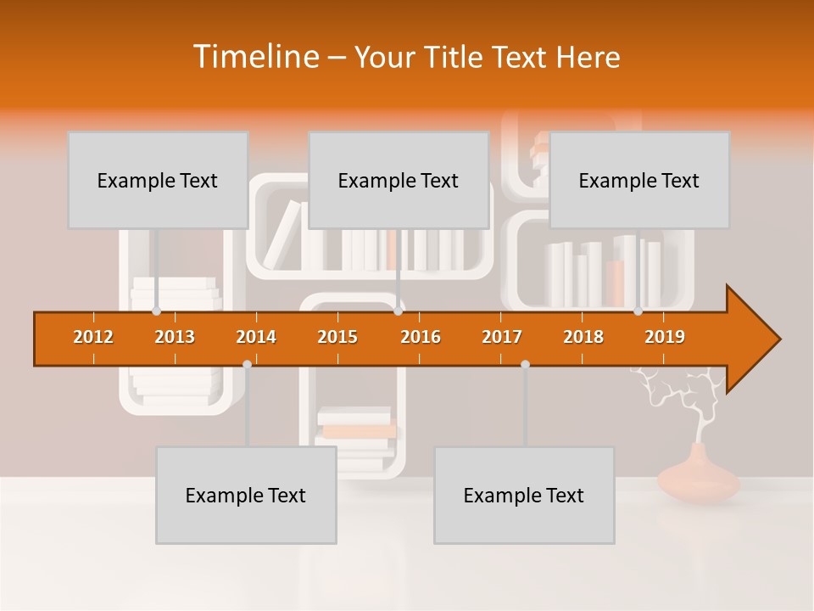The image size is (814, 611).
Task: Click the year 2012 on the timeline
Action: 93,337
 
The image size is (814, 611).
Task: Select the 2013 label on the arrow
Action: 175,337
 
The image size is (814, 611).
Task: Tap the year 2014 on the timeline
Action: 256,337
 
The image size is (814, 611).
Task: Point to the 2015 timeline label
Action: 337,337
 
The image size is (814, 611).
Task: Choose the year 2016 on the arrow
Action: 421,337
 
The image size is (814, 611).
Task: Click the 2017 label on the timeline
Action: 502,337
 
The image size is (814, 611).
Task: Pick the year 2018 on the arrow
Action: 583,337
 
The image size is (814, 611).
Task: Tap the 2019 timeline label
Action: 665,337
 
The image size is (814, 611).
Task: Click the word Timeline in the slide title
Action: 254,57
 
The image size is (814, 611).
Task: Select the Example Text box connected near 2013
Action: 158,180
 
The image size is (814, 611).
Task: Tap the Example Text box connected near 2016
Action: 399,180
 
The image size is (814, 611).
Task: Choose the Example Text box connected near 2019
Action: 639,180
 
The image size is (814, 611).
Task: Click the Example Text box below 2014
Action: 246,495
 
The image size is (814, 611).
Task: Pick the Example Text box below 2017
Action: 524,495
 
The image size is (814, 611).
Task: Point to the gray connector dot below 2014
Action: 247,364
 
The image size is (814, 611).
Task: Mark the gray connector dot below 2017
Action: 525,364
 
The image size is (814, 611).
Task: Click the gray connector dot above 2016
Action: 398,311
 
